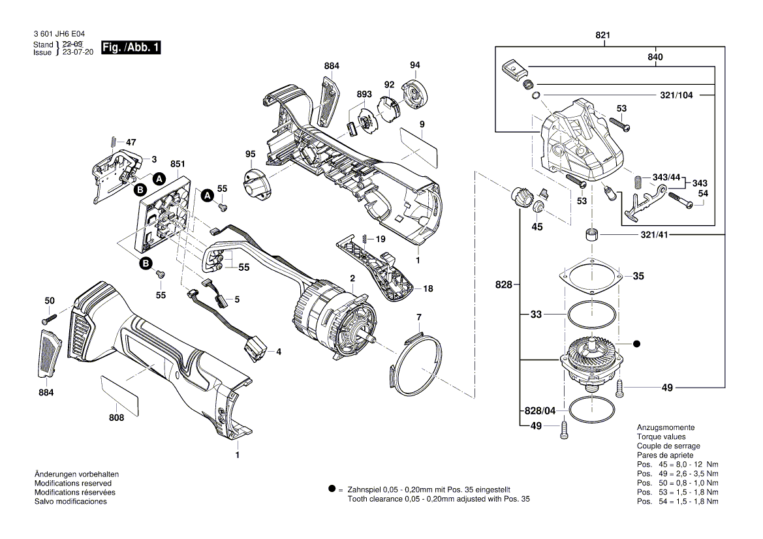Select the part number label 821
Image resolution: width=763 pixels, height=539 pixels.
click(603, 37)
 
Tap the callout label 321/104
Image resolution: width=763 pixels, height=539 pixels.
click(676, 95)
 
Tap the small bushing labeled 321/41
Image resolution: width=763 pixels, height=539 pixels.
click(591, 235)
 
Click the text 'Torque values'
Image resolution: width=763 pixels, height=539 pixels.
click(661, 436)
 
